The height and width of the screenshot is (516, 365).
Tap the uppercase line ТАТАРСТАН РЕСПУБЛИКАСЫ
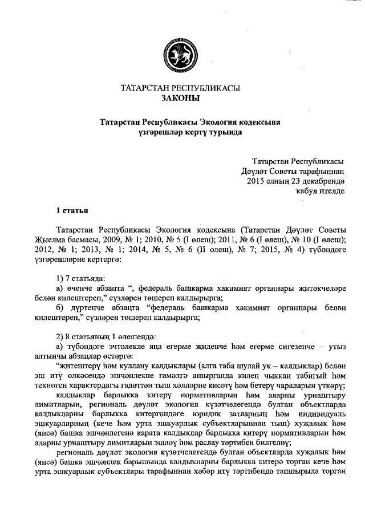(181, 89)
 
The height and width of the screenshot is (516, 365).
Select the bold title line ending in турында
(182, 132)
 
